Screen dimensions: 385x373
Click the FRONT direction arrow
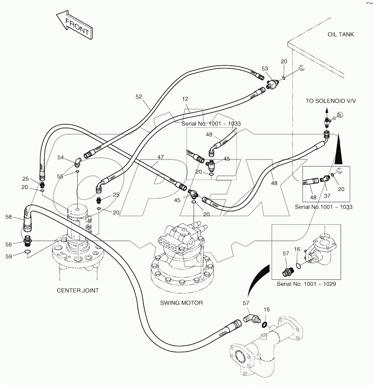(74, 26)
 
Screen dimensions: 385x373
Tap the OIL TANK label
(341, 34)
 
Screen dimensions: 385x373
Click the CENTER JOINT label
(78, 290)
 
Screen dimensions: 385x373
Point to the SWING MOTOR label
(181, 303)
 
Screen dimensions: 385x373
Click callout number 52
(139, 97)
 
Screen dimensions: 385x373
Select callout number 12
(185, 99)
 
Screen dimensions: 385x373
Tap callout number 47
(160, 157)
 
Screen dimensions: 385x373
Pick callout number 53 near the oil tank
(265, 69)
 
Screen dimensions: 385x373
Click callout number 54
(61, 157)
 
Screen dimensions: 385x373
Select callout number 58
(9, 216)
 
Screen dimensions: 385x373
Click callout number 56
(9, 244)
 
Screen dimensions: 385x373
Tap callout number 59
(9, 256)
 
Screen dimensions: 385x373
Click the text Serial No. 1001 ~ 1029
(306, 284)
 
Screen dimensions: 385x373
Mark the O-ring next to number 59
(28, 252)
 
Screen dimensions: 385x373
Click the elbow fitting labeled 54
(78, 161)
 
